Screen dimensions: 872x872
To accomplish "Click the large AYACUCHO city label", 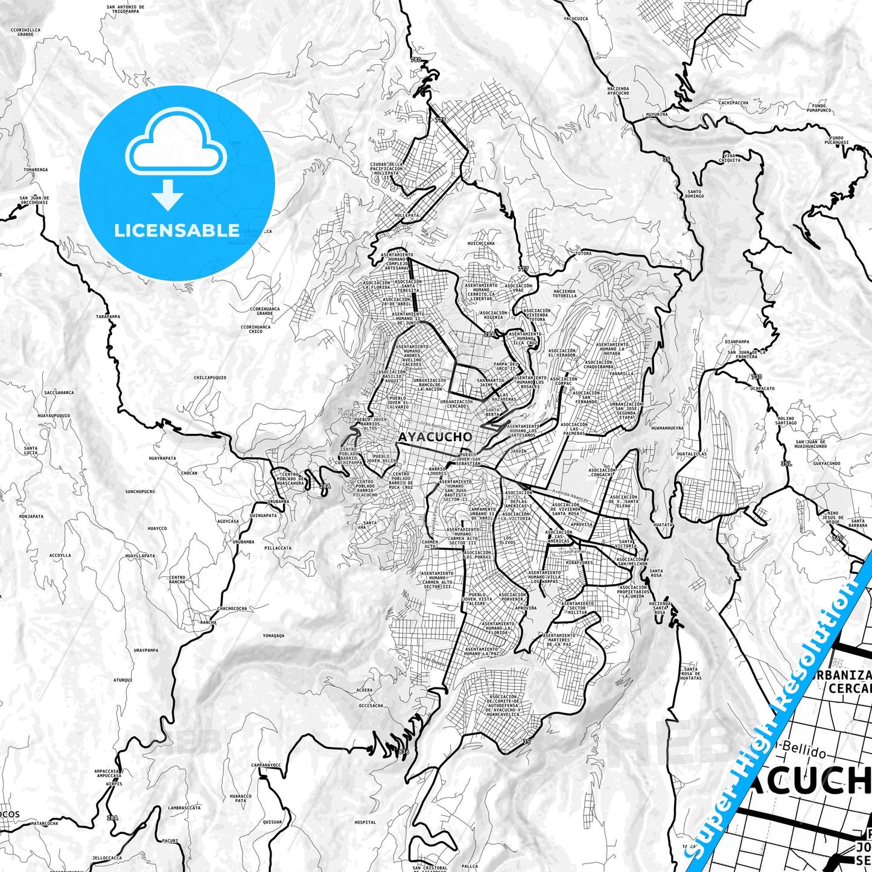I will [x=435, y=436].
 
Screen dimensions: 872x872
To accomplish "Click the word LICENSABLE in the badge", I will [x=177, y=231].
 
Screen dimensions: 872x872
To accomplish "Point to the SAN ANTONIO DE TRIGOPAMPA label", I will [x=126, y=9].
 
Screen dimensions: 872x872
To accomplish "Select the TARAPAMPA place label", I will [x=108, y=316].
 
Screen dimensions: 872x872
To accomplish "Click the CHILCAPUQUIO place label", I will [x=210, y=378].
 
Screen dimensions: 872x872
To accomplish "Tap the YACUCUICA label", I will [x=575, y=19].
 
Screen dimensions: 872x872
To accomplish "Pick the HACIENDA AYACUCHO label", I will [x=618, y=91].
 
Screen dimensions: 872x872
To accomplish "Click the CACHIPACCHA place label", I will [x=733, y=103].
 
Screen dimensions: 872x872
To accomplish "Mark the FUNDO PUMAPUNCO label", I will [x=819, y=108].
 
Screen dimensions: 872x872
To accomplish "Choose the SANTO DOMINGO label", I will [x=695, y=193].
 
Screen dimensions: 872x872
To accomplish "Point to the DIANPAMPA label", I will [x=737, y=342].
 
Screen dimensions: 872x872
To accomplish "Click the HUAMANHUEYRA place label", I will [x=667, y=428].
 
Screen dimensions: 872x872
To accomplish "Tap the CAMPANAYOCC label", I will [x=267, y=765].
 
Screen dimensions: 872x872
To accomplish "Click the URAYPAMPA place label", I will [x=145, y=651].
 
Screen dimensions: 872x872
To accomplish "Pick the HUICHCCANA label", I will [x=481, y=244].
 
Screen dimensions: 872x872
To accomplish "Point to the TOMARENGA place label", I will [x=36, y=170].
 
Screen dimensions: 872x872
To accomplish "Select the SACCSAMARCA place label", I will [x=59, y=392].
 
